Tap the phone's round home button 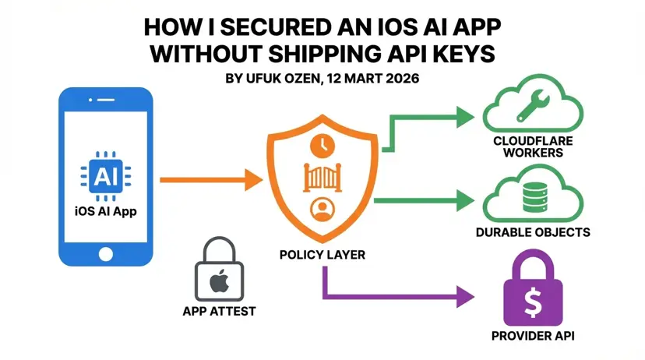[104, 254]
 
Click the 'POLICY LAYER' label [322, 255]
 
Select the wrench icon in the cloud [533, 109]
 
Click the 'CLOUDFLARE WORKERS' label [533, 146]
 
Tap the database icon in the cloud [533, 196]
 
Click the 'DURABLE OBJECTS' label [533, 233]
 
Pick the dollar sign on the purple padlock [533, 300]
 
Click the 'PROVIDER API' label [533, 337]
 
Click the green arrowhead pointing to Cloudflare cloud [464, 117]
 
